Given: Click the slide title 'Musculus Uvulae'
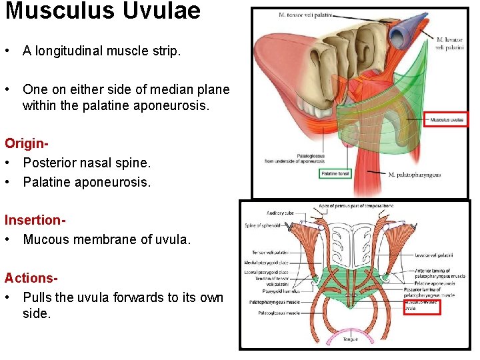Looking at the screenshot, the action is (103, 11).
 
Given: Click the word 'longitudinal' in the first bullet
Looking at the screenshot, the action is (70, 51).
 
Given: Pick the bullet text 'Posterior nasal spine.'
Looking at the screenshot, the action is (87, 163).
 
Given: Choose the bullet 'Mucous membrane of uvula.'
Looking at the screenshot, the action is (107, 239).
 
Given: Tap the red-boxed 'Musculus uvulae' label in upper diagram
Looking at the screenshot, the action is (447, 120).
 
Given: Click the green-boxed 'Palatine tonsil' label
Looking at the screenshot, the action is (335, 174).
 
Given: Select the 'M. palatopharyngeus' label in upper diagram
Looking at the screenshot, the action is (414, 175).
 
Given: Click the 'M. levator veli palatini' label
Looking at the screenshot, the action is (449, 43).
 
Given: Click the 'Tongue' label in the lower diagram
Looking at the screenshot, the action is (351, 339).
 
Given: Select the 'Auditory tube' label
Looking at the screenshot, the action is (281, 213).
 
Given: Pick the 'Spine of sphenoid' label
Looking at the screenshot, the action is (263, 225).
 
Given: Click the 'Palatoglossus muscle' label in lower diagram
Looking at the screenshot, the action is (275, 313).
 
